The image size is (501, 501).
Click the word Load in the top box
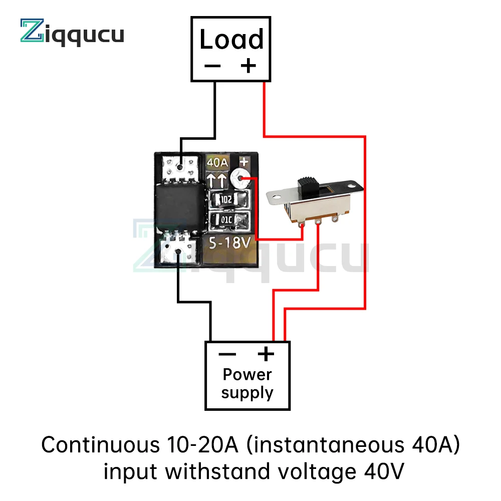231,40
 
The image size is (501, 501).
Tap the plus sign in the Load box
248,66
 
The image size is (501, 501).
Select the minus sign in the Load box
212,66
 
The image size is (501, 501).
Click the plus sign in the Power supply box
266,354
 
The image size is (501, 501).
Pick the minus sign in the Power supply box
227,355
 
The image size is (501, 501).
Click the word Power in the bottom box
247,374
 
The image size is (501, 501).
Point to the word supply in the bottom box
247,393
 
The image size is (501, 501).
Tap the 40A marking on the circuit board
218,163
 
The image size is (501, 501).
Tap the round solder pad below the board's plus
242,178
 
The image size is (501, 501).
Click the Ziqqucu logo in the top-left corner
72,33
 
